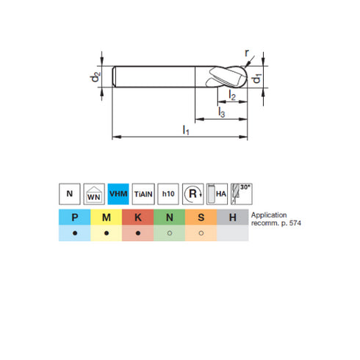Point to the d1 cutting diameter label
pyautogui.click(x=257, y=78)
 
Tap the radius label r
pyautogui.click(x=247, y=53)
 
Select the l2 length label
pyautogui.click(x=232, y=96)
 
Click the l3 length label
pyautogui.click(x=221, y=112)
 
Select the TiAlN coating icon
pyautogui.click(x=144, y=194)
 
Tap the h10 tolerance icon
pyautogui.click(x=169, y=194)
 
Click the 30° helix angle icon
pyautogui.click(x=242, y=193)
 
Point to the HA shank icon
pyautogui.click(x=218, y=194)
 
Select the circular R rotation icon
pyautogui.click(x=193, y=194)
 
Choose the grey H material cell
pyautogui.click(x=233, y=217)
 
